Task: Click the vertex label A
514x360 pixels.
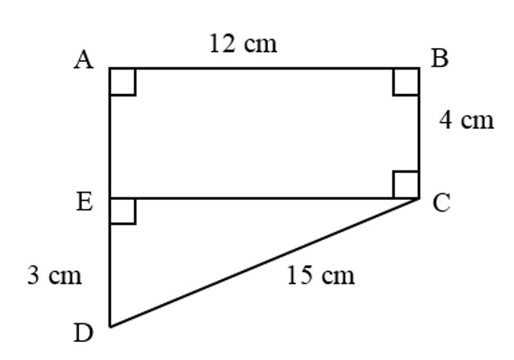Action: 84,60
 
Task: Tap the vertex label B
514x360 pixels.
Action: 440,58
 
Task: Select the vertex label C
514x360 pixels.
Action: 441,203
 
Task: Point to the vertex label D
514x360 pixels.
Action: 83,333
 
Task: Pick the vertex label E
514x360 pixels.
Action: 85,202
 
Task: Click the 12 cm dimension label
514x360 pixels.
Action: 243,44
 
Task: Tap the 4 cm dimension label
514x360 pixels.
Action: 466,120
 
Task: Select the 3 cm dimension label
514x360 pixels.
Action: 55,275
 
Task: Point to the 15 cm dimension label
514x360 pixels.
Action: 321,275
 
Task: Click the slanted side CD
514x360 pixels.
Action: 264,263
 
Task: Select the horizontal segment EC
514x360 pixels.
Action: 264,198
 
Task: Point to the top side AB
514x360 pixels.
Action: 264,69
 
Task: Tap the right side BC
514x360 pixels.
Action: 419,133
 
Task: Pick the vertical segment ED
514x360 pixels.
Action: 110,262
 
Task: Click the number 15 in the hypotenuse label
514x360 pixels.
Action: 299,275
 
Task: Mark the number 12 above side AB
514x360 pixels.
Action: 222,44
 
